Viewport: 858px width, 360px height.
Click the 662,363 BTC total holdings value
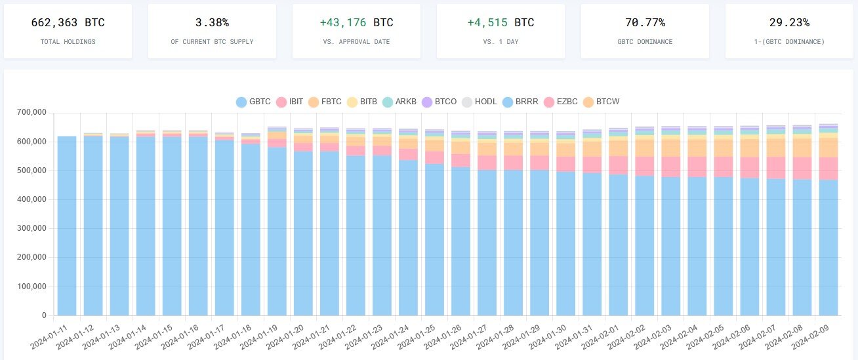click(68, 22)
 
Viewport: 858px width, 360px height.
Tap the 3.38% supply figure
click(212, 22)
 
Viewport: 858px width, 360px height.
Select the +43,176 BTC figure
click(356, 22)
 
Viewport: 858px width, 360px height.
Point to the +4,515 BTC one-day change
click(500, 22)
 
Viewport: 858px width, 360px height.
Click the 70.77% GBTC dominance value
click(645, 22)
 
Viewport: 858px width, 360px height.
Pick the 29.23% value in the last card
click(789, 22)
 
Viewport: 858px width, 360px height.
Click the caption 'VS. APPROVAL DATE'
click(356, 41)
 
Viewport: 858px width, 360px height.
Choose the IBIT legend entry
click(290, 102)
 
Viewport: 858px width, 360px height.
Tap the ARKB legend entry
click(400, 102)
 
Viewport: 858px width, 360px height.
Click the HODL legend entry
click(478, 102)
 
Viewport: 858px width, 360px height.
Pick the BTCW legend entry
click(601, 102)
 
